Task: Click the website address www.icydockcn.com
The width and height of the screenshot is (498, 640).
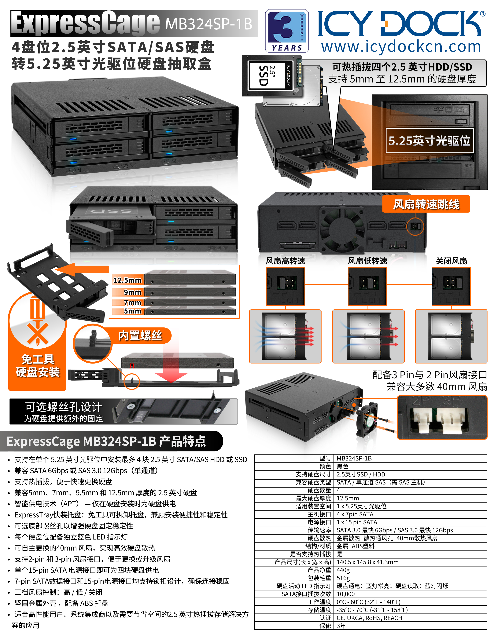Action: pyautogui.click(x=401, y=46)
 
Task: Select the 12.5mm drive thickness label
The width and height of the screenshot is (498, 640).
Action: pyautogui.click(x=127, y=280)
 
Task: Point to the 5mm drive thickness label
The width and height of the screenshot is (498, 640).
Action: pyautogui.click(x=132, y=311)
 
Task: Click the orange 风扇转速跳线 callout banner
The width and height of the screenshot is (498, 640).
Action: pyautogui.click(x=426, y=204)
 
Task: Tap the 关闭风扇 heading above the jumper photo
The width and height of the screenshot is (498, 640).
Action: pyautogui.click(x=451, y=261)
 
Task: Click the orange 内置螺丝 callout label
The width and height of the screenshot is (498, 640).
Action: pyautogui.click(x=140, y=335)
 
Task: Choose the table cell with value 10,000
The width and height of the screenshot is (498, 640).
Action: pyautogui.click(x=346, y=594)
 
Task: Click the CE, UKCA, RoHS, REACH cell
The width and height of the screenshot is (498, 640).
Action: pyautogui.click(x=369, y=618)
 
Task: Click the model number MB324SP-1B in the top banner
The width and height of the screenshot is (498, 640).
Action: pyautogui.click(x=209, y=24)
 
